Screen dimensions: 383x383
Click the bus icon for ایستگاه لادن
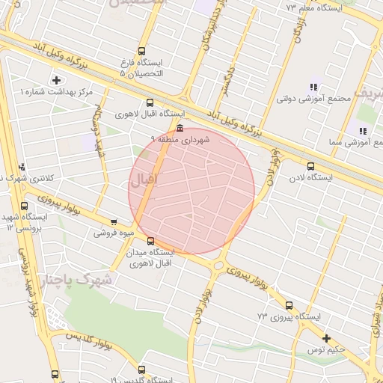click(x=310, y=167)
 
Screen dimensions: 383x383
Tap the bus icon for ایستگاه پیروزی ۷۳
click(x=289, y=305)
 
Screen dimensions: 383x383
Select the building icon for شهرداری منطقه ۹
click(x=180, y=128)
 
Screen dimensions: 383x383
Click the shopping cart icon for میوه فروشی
click(x=114, y=221)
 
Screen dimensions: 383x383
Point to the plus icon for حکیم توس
click(x=326, y=338)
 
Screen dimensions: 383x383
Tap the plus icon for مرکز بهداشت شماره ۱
click(x=57, y=80)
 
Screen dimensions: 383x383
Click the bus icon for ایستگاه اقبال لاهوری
click(x=150, y=103)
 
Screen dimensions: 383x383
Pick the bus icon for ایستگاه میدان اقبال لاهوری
click(x=150, y=241)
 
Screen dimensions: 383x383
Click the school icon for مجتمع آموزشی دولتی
click(x=312, y=86)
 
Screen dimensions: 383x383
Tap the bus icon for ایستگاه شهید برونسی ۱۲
click(x=25, y=206)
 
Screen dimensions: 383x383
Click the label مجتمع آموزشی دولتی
click(x=304, y=99)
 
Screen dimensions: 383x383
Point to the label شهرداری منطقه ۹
click(x=180, y=140)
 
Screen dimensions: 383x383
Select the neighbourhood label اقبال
click(x=144, y=180)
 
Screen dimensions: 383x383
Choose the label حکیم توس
click(x=328, y=349)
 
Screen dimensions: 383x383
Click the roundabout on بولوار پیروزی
click(x=218, y=265)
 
